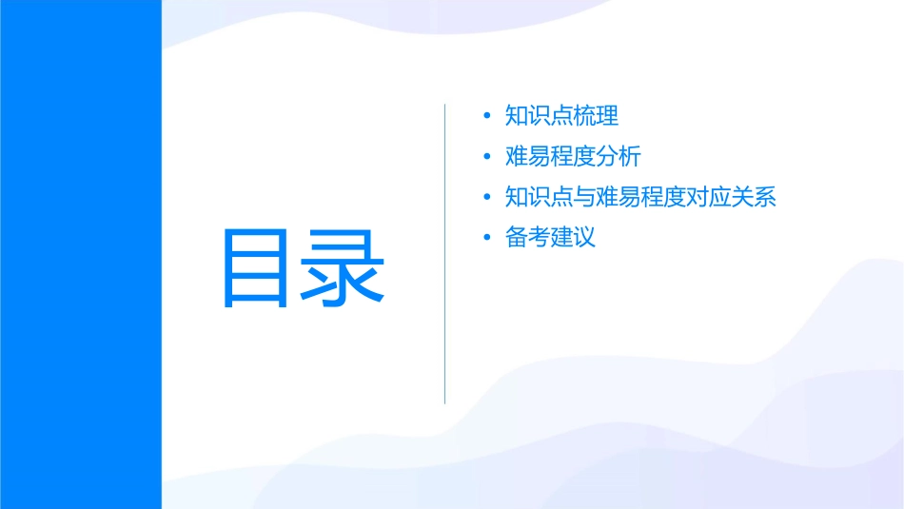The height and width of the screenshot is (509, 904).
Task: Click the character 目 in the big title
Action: coord(256,267)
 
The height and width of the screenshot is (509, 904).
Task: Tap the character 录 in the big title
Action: coord(344,267)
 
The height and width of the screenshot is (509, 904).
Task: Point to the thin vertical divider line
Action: coord(444,253)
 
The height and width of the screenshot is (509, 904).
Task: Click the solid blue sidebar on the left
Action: coord(80,254)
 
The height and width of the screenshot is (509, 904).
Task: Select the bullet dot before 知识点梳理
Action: coord(488,116)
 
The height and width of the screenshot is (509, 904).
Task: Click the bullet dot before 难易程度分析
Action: coord(488,157)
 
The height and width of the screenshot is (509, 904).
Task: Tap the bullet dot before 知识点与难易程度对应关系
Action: coord(488,198)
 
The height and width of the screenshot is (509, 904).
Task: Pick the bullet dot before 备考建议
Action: coord(488,238)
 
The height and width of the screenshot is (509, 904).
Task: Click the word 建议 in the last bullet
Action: coord(574,238)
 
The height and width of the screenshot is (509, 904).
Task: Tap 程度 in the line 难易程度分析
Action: coord(574,157)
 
